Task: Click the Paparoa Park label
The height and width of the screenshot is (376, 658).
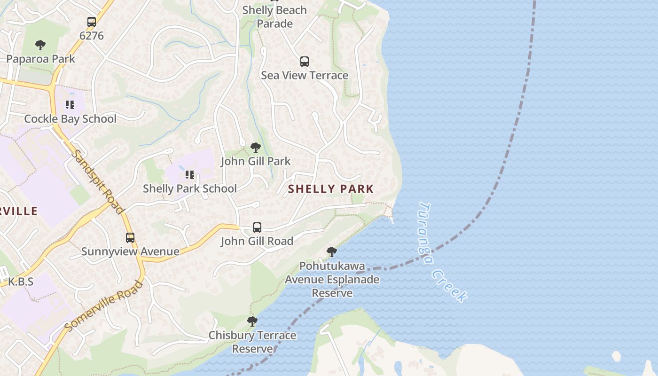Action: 40,59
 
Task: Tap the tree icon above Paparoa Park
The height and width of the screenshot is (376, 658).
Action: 40,45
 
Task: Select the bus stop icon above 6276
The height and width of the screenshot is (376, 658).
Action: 92,22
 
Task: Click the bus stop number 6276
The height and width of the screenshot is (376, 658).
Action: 92,36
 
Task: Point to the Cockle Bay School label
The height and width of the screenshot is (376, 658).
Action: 70,118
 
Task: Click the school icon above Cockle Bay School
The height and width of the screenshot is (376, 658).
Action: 70,104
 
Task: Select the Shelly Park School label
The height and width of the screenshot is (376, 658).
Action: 189,188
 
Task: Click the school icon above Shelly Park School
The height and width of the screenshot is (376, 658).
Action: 190,175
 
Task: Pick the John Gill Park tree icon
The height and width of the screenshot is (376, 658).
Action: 256,148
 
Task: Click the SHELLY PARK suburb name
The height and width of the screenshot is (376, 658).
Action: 330,189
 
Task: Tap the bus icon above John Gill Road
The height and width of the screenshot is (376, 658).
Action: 257,227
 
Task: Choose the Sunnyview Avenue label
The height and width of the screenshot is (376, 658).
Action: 130,251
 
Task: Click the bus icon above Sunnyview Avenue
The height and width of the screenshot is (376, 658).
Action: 130,238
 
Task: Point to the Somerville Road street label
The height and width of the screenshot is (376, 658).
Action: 103,306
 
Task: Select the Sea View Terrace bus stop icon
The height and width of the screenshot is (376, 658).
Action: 305,62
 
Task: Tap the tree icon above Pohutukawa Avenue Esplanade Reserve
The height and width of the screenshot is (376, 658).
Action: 332,252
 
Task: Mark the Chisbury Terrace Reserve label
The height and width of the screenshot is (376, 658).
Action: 252,342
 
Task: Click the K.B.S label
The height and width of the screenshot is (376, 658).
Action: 21,282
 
